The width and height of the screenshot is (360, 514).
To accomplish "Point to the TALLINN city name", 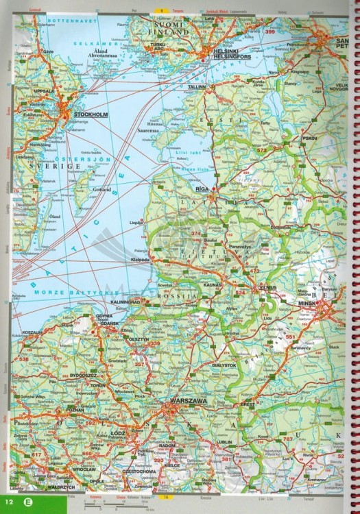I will click(x=197, y=88).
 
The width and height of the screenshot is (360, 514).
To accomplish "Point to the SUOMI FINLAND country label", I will click(x=169, y=28).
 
